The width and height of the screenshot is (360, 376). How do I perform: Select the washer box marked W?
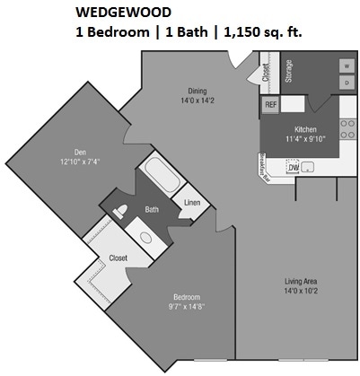tap(345, 66)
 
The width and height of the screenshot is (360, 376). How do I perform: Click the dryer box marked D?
tap(345, 83)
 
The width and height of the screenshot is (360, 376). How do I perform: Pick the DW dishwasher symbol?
tap(293, 166)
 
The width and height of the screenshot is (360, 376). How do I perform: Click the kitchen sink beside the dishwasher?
tap(311, 166)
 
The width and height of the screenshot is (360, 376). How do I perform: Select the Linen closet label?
tap(190, 203)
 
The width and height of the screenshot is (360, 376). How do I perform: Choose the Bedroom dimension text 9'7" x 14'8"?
tap(186, 307)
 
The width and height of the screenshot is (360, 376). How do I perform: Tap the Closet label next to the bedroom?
tap(118, 258)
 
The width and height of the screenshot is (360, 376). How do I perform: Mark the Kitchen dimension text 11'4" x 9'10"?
tap(302, 139)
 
